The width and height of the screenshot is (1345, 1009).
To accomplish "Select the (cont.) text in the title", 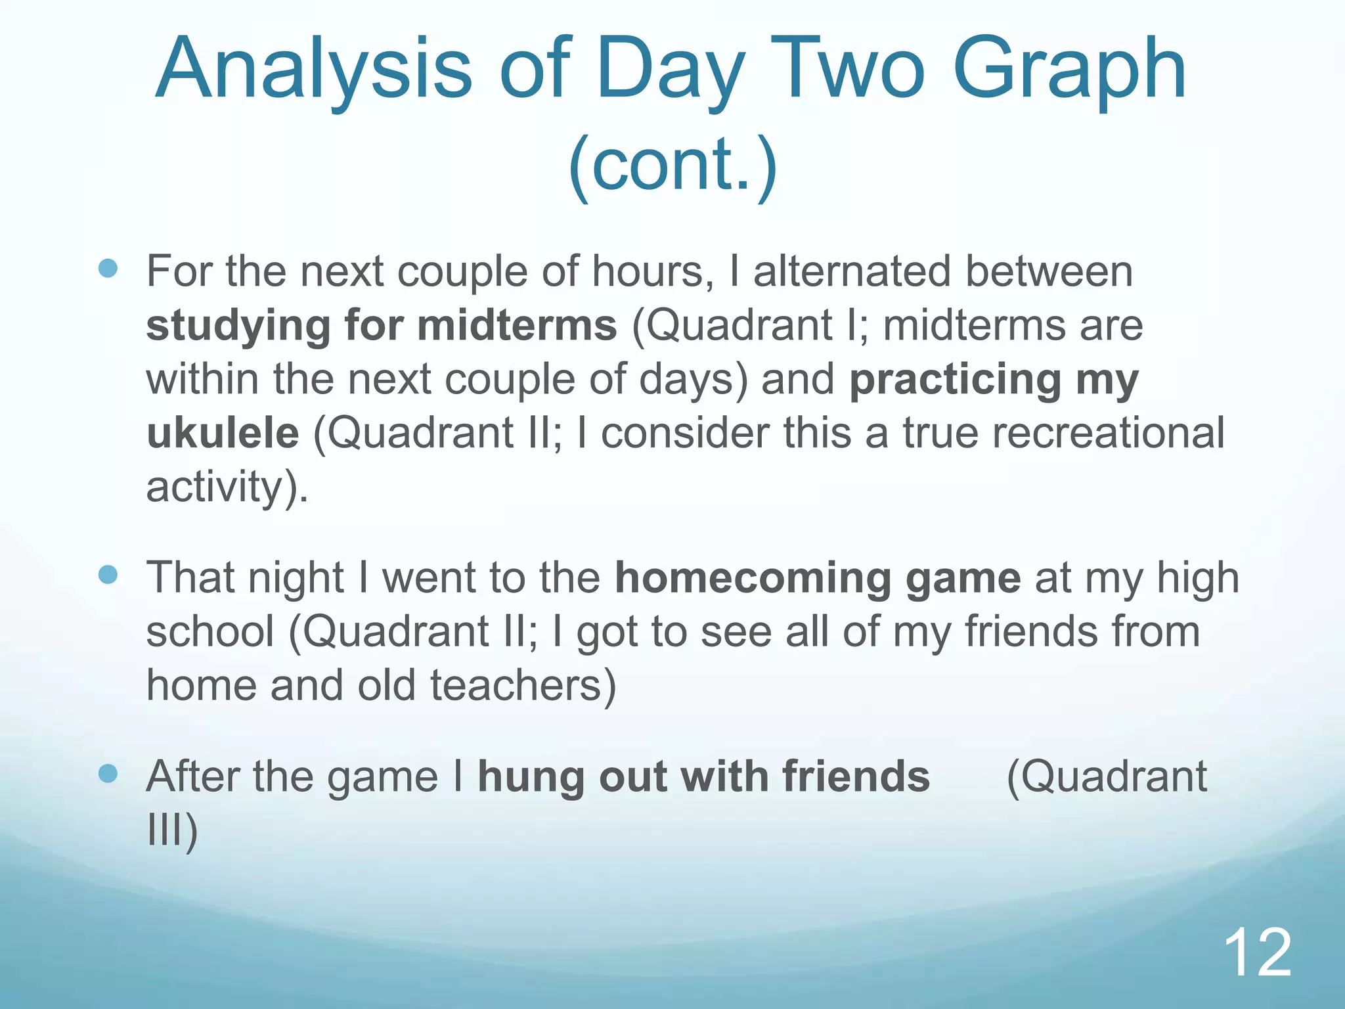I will pos(672,164).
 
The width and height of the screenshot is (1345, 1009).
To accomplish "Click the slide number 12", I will pos(1257,953).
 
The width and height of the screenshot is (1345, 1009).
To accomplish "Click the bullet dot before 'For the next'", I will pos(108,268).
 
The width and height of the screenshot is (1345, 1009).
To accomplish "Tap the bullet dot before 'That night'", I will pos(108,575).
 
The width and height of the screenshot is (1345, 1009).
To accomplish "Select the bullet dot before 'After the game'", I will pos(108,774).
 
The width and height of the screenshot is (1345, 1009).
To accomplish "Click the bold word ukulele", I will pos(223,434).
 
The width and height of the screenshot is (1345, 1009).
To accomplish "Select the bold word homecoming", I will pos(753,578).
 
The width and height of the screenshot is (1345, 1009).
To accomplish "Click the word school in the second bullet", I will pos(210,632).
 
